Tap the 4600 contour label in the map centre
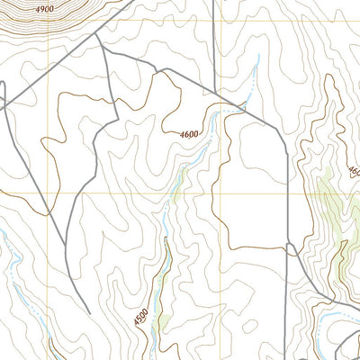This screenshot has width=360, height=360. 188,134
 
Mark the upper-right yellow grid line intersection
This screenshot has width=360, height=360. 214,21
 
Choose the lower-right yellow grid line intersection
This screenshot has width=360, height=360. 214,192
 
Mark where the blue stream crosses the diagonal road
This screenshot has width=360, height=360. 244,109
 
